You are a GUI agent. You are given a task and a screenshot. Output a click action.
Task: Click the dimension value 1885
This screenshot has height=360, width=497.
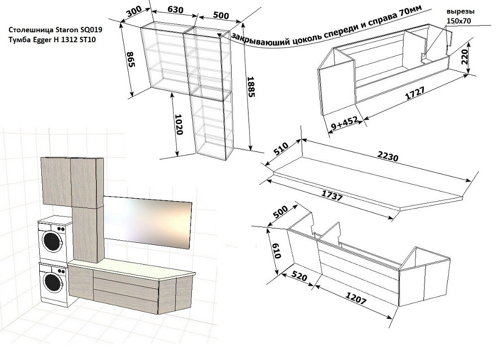(250, 86)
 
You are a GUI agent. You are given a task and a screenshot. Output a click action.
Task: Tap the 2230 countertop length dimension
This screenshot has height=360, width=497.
(388, 156)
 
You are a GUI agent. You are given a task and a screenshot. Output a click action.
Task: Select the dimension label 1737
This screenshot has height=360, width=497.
(332, 196)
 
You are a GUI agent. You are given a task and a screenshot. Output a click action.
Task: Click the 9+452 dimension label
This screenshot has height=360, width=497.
(344, 123)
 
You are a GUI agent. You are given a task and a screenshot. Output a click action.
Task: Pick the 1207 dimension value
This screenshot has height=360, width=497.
(356, 298)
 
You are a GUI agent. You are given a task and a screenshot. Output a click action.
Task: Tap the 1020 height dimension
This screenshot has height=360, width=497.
(179, 124)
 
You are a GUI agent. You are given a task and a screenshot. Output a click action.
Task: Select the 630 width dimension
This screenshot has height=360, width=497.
(175, 10)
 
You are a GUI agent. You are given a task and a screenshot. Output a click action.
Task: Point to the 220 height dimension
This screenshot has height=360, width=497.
(465, 57)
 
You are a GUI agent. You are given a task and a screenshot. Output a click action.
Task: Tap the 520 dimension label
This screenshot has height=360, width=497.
(299, 276)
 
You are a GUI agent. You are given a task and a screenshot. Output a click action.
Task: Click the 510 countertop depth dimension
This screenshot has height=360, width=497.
(281, 148)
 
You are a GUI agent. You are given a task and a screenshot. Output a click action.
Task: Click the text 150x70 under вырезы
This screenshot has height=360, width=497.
(459, 21)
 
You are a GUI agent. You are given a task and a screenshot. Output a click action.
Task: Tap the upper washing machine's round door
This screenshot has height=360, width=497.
(52, 241)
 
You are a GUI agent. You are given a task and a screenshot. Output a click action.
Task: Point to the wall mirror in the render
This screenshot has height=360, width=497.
(148, 222)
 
